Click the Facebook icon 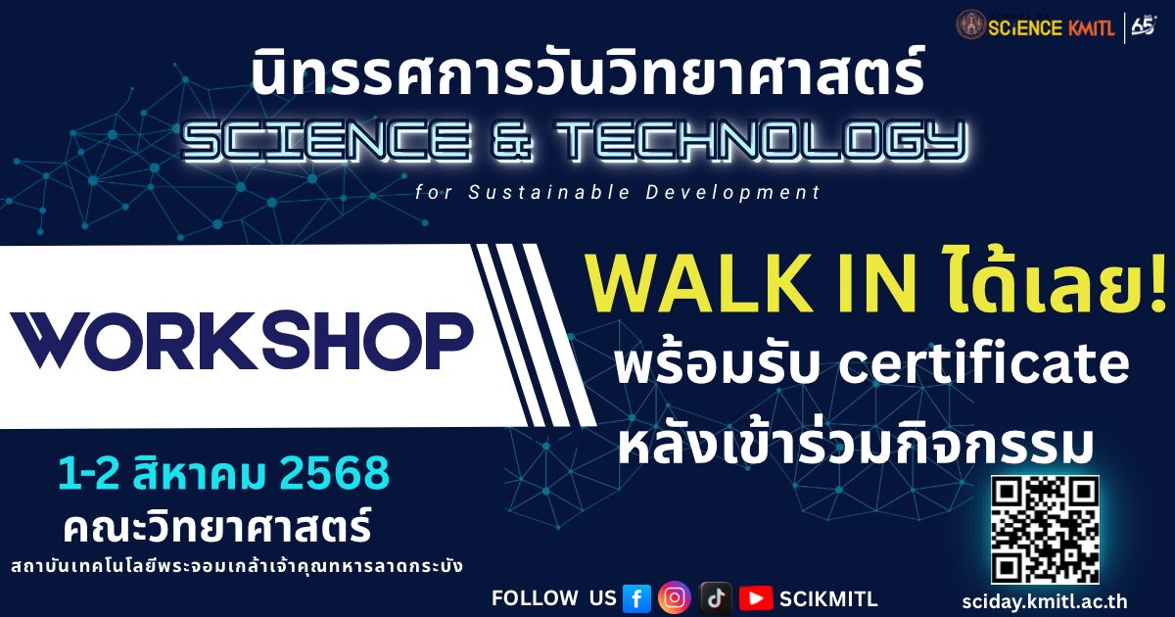point(636,598)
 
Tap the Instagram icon point(675,597)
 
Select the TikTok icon point(716,598)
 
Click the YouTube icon point(756,598)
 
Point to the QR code point(1045,530)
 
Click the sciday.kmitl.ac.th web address point(1045,601)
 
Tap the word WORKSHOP point(242,341)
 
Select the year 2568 point(335,473)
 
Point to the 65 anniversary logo point(1145,26)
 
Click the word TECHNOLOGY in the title point(762,140)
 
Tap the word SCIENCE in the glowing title point(326,140)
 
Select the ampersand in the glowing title point(513,140)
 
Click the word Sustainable point(549,193)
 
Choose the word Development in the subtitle point(732,193)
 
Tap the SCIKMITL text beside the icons point(828,598)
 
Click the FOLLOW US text point(554,598)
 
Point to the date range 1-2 point(89,473)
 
